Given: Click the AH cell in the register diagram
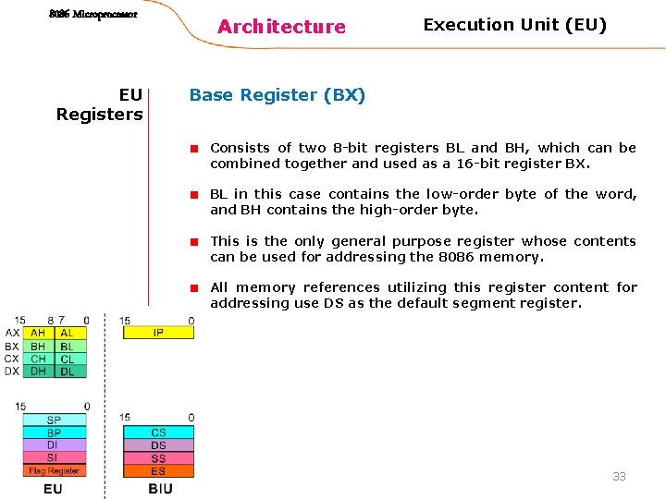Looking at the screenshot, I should [38, 333].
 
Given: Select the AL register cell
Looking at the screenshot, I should [68, 333].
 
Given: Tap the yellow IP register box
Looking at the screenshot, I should [158, 333].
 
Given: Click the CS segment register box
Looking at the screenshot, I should [158, 432].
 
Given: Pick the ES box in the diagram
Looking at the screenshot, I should [158, 471].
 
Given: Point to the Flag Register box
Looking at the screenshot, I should [54, 471].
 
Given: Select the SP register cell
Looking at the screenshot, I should [54, 420].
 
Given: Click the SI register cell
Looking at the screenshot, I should [54, 458].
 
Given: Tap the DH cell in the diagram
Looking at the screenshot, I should [38, 371].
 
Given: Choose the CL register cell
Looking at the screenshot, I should [68, 359].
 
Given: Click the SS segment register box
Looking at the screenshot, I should [158, 458].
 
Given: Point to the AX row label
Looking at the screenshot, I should [12, 333].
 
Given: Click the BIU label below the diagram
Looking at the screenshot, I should [160, 489].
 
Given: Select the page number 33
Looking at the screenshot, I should [619, 477].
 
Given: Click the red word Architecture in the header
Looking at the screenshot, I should [281, 27].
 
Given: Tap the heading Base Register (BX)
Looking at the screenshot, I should [277, 95].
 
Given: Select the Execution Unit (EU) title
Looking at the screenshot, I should [515, 25].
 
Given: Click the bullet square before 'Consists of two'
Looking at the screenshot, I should [196, 148].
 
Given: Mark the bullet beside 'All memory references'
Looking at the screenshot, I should [196, 287].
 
